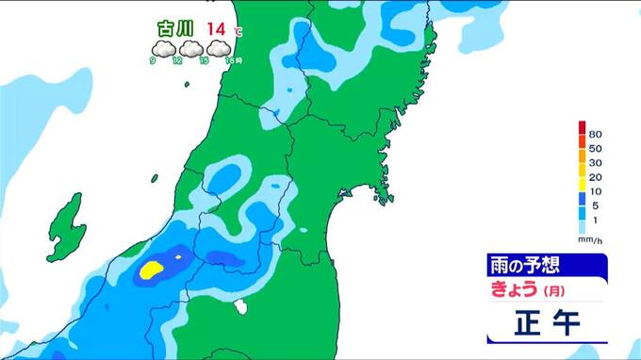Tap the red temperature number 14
(x=217, y=29)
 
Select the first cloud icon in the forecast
(x=163, y=49)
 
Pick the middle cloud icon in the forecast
(x=191, y=49)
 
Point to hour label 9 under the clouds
(x=153, y=61)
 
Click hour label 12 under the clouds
(x=177, y=61)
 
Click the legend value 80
(x=595, y=135)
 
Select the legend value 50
(x=595, y=149)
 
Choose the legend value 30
(x=595, y=163)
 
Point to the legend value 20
(x=595, y=177)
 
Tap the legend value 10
(x=595, y=191)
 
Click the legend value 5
(x=595, y=205)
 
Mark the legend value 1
(x=595, y=220)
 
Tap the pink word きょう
(x=514, y=287)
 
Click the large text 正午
(x=547, y=323)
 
